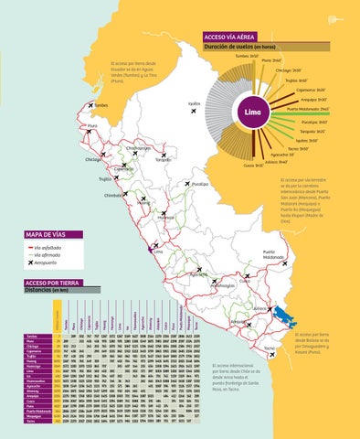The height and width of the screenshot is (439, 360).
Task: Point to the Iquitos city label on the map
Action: [194, 104]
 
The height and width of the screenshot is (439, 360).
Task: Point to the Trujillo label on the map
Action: [106, 179]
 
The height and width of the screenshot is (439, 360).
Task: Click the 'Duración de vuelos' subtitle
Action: [239, 46]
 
